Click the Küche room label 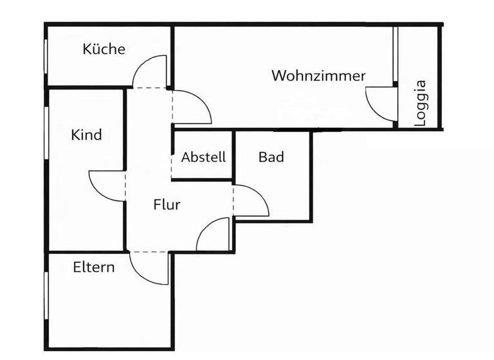point(104,49)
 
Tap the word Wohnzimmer point(318,75)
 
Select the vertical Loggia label point(421,103)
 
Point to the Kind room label point(86,135)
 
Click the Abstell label point(203,157)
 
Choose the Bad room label point(271,157)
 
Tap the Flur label point(167,205)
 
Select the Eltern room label point(94,267)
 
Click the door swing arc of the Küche point(149,71)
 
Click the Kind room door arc point(106,186)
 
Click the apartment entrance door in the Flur point(212,235)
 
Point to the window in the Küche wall point(46,61)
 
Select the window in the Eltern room point(46,296)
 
